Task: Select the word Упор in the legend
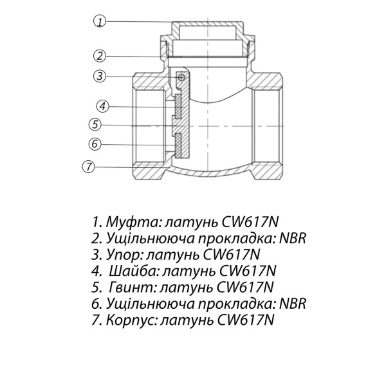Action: point(120,253)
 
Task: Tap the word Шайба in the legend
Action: point(127,270)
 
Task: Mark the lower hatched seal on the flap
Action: point(177,144)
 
